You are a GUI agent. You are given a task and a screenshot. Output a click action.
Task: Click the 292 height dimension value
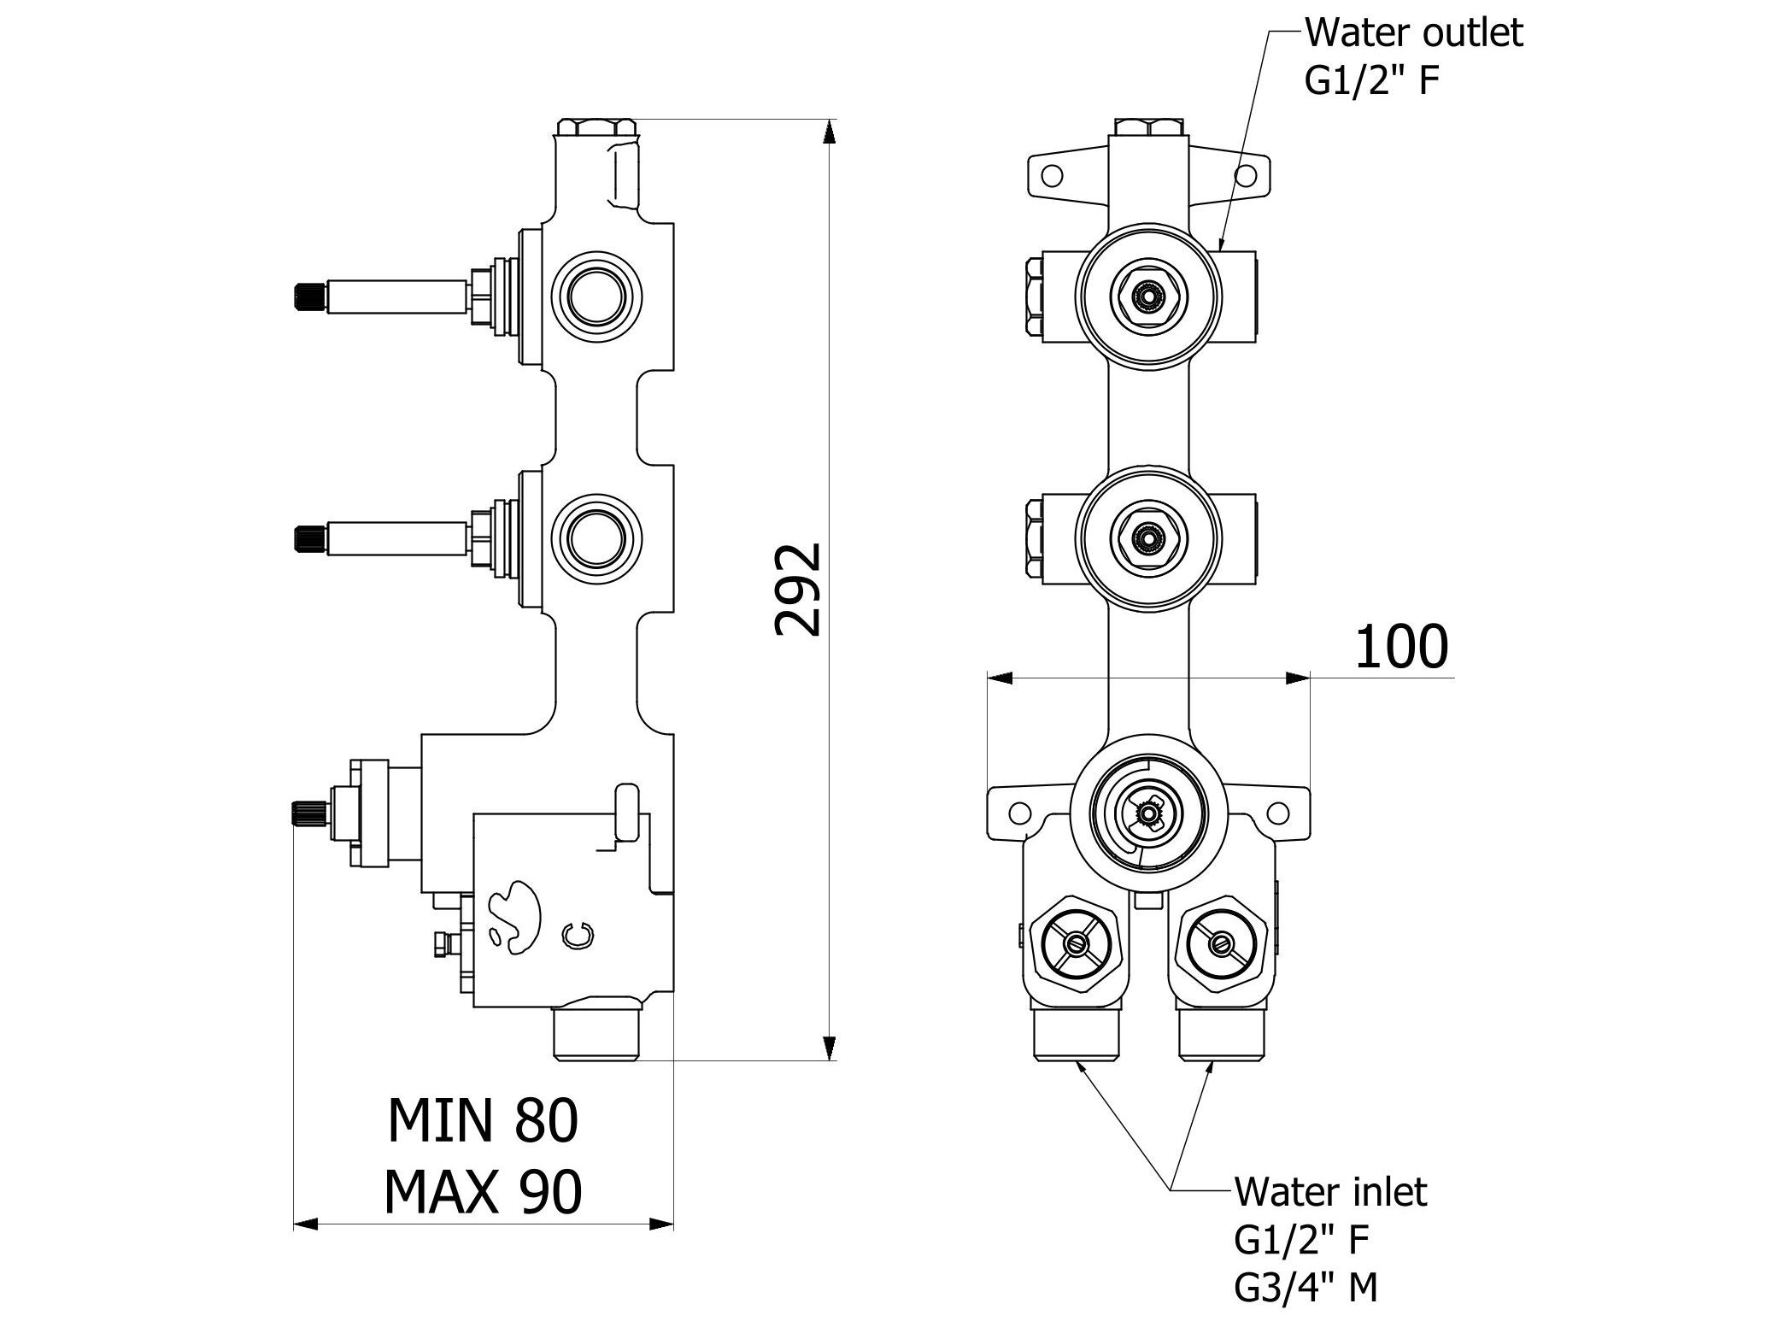coord(797,590)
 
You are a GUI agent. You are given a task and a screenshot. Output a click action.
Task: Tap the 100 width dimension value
coord(1401,647)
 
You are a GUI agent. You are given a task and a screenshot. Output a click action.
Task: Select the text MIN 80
coord(483,1120)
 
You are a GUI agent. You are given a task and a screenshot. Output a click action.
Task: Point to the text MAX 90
coord(483,1191)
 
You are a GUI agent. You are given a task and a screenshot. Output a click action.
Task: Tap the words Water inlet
coord(1330,1191)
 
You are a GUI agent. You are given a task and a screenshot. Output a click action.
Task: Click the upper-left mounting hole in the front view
coord(1053,176)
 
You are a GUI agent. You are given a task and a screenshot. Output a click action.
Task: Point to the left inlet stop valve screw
coord(1075,943)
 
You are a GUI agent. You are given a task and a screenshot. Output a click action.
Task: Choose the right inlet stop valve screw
coord(1221,943)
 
